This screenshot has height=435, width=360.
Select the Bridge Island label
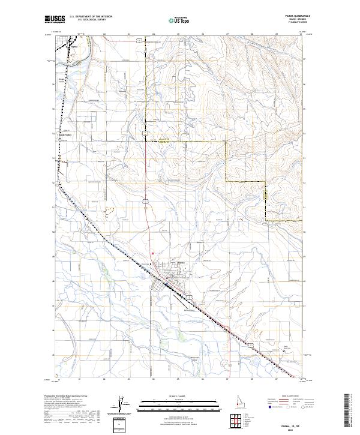(61, 79)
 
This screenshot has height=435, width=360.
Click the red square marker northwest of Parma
(152, 253)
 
